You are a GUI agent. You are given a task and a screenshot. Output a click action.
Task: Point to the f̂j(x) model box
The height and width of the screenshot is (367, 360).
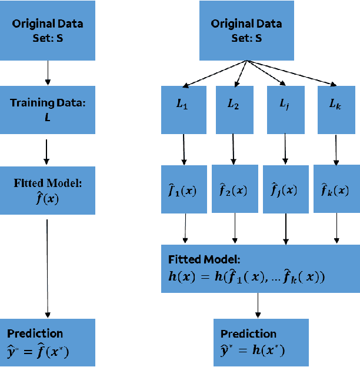point(286,190)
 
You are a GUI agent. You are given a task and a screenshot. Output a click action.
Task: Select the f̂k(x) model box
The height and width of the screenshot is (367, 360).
point(336,190)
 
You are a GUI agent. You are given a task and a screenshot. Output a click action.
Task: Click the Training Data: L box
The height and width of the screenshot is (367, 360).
point(48,109)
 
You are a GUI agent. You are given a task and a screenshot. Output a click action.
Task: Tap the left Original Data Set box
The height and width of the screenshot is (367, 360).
point(48,30)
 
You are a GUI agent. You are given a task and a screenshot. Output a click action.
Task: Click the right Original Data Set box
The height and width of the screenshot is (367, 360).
point(246,30)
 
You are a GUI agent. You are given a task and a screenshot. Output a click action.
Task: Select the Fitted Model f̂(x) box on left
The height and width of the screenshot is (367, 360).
point(48,190)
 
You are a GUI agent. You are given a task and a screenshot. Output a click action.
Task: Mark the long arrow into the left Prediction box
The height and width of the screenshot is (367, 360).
point(48,265)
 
